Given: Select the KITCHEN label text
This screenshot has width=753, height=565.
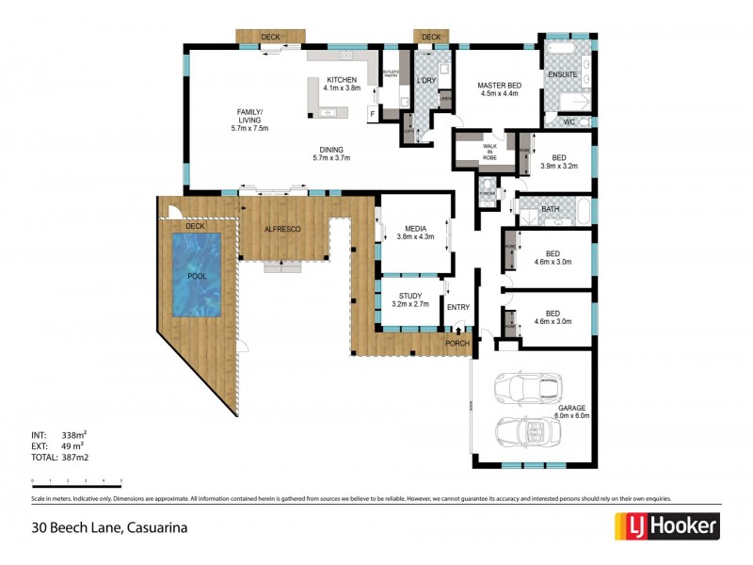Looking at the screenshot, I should pyautogui.click(x=342, y=80).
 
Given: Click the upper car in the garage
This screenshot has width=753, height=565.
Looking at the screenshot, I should pyautogui.click(x=527, y=388).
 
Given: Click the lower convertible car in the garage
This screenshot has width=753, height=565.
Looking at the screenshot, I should pyautogui.click(x=527, y=430).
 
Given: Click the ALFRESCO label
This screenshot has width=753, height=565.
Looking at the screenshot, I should pyautogui.click(x=281, y=229).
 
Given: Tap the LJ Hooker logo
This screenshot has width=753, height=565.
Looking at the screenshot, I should pyautogui.click(x=666, y=525).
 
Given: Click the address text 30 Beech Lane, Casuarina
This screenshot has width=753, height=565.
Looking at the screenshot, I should pyautogui.click(x=109, y=527).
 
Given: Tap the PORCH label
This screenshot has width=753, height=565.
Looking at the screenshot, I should pyautogui.click(x=457, y=344).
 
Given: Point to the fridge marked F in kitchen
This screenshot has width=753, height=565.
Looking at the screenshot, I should pyautogui.click(x=372, y=114).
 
